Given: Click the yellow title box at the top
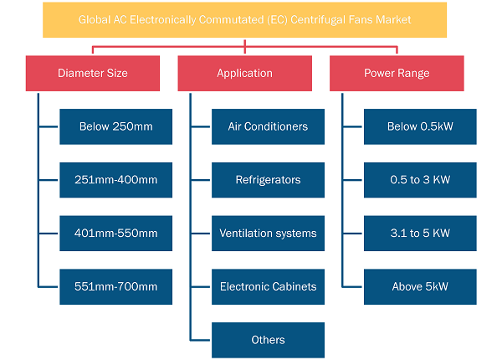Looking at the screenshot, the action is (244, 20).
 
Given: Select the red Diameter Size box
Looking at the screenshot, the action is (93, 74).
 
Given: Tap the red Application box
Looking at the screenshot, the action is (244, 74).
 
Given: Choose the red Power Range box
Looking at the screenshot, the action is (397, 74).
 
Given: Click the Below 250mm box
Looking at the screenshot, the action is (116, 126).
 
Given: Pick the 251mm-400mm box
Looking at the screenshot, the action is (116, 180).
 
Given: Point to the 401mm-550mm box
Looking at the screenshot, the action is (116, 234).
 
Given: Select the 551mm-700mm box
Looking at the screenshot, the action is (116, 286).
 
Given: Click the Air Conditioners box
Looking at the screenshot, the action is (268, 126).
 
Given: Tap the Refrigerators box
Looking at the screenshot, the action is (268, 180).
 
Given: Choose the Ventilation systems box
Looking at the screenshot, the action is (268, 234).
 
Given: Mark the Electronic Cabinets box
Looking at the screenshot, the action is (268, 286).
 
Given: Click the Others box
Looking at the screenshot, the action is (268, 340).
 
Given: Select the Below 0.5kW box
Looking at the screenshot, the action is (420, 126).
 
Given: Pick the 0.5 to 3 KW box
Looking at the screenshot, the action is (420, 180).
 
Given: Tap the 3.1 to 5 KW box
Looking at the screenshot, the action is (420, 234).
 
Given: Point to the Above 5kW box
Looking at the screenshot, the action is (420, 286).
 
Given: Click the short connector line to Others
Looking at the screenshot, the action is (201, 340).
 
